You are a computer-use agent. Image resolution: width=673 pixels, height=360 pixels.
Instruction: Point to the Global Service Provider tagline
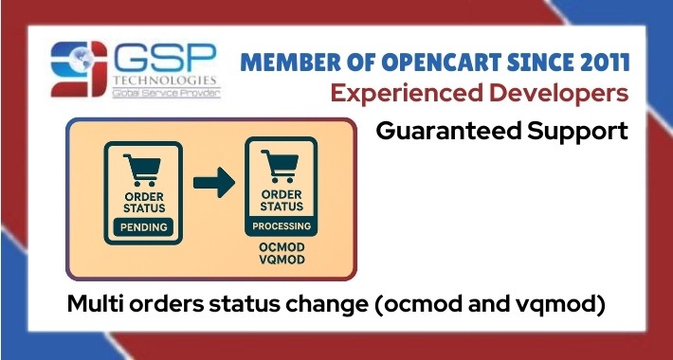[x=166, y=94]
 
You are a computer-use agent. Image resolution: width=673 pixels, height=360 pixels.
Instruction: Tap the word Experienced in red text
[x=446, y=95]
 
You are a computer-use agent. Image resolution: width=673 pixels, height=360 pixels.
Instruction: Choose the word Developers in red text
[x=568, y=95]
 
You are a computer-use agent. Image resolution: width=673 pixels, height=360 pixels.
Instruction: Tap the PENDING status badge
[x=145, y=226]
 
